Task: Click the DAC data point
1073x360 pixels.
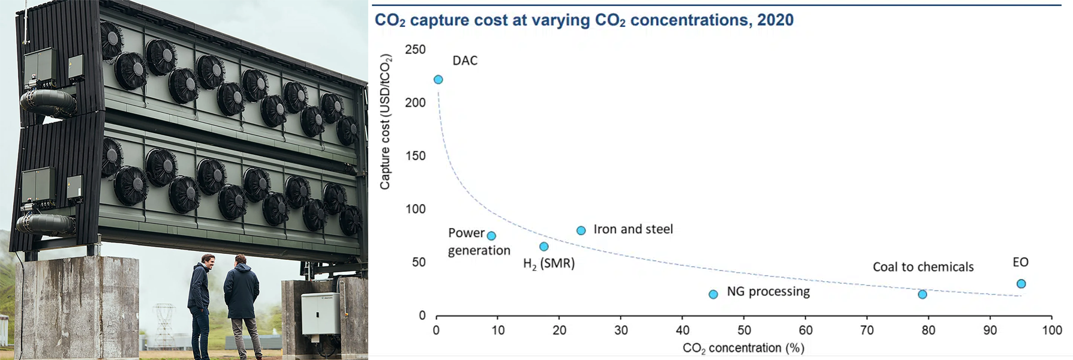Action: click(x=438, y=80)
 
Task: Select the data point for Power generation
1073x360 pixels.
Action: click(x=491, y=236)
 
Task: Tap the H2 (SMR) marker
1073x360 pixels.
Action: click(x=544, y=247)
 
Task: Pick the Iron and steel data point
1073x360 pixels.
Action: click(x=581, y=230)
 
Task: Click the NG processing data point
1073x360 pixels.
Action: click(x=713, y=295)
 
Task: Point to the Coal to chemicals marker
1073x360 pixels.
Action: click(x=922, y=295)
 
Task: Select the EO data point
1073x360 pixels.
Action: click(x=1021, y=284)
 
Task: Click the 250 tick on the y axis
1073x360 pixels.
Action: click(x=415, y=50)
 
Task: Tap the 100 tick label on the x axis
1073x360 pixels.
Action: click(x=1052, y=331)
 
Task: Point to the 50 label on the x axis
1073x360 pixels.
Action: click(x=744, y=331)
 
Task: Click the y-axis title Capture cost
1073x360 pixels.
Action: click(x=385, y=122)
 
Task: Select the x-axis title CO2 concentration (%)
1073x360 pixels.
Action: click(x=743, y=348)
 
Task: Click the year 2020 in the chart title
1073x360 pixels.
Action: click(x=775, y=20)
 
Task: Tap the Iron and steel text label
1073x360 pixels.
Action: click(x=633, y=229)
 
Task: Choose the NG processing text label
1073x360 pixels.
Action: click(x=768, y=292)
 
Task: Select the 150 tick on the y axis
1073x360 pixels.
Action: click(x=415, y=156)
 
